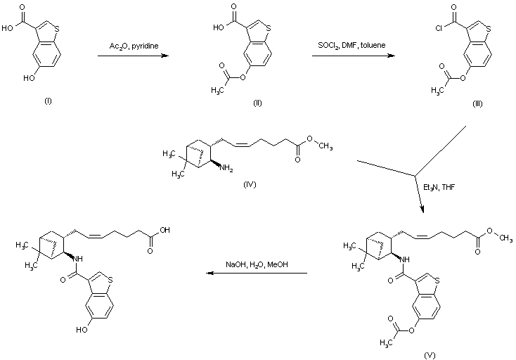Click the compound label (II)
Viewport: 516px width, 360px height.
257,103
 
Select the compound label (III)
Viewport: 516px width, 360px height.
477,103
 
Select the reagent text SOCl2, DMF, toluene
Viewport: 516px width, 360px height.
349,45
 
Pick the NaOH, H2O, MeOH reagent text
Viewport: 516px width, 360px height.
257,264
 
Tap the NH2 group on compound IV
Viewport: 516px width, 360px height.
227,167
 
